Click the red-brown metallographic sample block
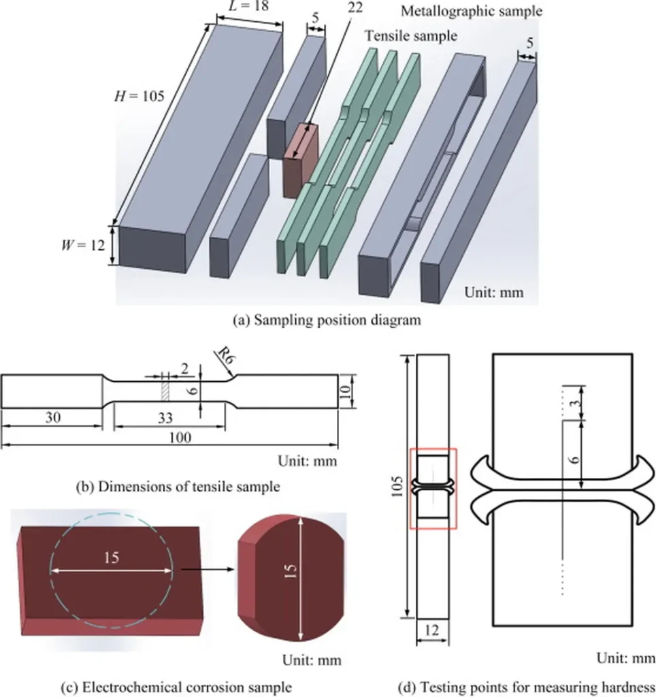tap(301, 161)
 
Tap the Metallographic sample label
tap(472, 11)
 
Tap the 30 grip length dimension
tap(52, 419)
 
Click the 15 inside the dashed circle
tap(112, 557)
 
